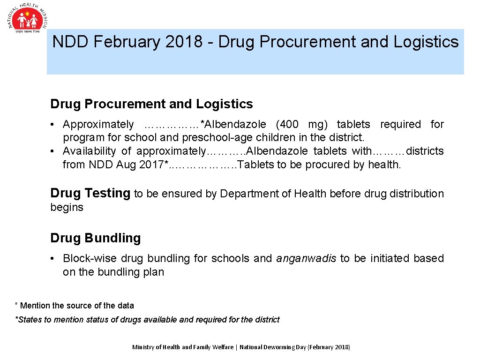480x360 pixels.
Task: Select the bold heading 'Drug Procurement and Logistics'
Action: tap(151, 104)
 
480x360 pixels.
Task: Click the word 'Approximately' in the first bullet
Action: tap(98, 125)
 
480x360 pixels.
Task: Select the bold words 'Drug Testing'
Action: tap(90, 193)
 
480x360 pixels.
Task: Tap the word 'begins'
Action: tap(67, 207)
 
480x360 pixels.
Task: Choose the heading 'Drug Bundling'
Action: tap(95, 238)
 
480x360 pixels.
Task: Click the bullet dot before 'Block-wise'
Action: tap(54, 258)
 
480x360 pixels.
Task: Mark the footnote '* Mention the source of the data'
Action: tap(75, 306)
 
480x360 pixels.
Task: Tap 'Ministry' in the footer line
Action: tap(143, 347)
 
